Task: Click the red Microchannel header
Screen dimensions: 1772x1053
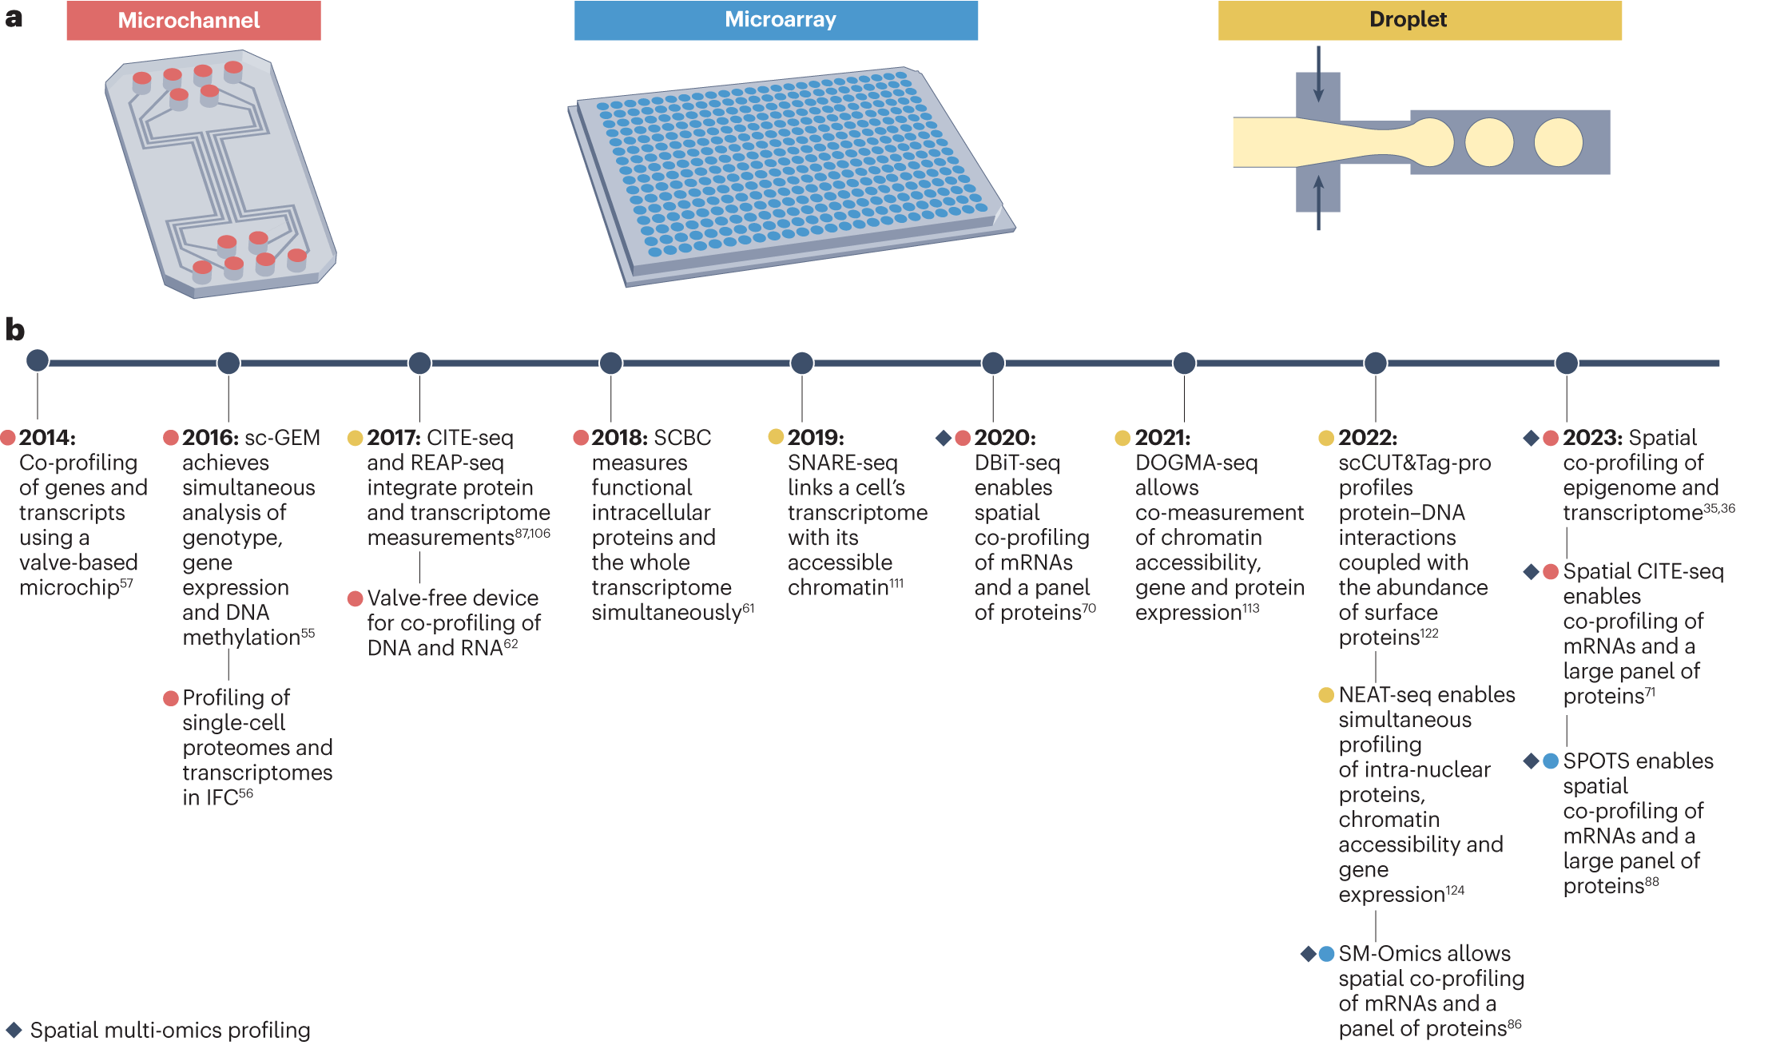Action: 193,21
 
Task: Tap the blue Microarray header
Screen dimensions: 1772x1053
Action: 776,21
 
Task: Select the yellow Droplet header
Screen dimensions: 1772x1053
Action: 1419,21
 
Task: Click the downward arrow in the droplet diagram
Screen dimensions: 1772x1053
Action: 1318,74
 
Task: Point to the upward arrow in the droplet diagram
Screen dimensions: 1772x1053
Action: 1318,202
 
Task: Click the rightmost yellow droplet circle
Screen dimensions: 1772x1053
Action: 1558,142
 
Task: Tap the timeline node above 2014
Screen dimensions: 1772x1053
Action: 38,360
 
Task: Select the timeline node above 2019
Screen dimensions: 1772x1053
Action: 801,363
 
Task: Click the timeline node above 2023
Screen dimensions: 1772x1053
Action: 1566,363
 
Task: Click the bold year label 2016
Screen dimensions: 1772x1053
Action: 210,438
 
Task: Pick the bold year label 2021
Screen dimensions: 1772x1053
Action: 1162,438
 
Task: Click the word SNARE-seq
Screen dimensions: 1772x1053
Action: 842,463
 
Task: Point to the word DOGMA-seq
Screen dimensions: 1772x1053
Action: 1196,463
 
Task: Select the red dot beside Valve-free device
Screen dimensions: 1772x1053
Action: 356,598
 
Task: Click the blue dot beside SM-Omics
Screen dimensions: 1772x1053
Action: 1326,953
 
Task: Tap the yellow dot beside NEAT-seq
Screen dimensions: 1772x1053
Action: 1326,694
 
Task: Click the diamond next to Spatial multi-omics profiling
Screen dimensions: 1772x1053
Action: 14,1030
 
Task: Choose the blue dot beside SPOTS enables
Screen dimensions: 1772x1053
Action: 1550,761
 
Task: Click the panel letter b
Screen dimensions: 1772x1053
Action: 14,329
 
